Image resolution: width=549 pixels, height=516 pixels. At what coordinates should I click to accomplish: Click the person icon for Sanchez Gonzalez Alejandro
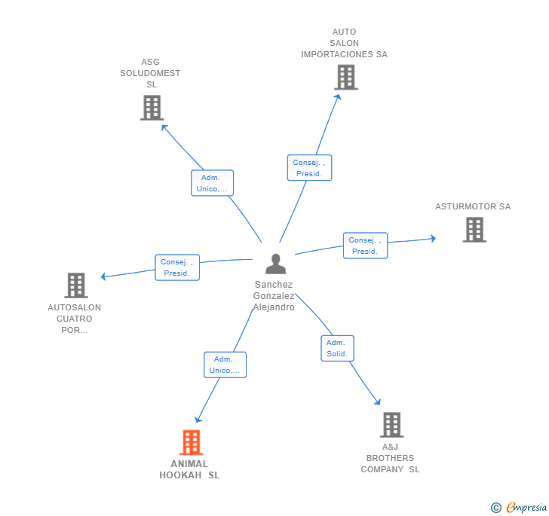point(275,264)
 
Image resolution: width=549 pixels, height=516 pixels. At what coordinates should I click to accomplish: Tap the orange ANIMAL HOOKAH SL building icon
point(192,442)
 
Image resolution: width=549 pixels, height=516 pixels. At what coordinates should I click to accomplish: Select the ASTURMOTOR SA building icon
point(474,230)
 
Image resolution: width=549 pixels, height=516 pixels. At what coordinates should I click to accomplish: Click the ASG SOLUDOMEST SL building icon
point(152,108)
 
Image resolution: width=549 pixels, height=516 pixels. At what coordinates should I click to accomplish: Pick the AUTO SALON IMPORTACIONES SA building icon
point(346,78)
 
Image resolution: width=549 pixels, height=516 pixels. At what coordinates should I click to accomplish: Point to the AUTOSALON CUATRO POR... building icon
point(76,285)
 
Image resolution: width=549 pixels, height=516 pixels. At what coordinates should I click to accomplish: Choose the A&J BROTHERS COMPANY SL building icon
point(392,425)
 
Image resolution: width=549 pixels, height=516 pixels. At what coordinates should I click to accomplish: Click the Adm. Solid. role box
point(338,348)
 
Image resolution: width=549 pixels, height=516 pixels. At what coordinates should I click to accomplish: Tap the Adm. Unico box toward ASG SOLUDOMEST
point(212,183)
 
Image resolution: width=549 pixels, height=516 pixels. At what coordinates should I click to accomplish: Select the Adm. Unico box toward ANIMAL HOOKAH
point(225,365)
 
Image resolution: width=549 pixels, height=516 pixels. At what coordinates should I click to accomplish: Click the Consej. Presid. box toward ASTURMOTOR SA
point(365,246)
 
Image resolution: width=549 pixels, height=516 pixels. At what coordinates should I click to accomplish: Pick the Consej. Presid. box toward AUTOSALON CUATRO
point(177,267)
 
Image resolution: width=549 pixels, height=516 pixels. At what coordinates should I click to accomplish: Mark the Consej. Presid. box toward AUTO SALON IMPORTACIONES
point(309,167)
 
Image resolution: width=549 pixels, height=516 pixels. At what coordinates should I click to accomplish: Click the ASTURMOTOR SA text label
point(473,206)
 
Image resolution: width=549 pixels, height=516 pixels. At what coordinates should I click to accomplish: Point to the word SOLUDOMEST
point(150,73)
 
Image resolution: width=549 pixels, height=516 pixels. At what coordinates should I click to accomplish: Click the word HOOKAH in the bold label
point(180,475)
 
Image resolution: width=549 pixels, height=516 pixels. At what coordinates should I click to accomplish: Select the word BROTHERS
point(390,458)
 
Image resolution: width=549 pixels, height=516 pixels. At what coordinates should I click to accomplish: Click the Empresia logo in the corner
point(519,507)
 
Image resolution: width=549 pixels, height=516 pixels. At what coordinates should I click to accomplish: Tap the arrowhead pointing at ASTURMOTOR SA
point(434,239)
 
